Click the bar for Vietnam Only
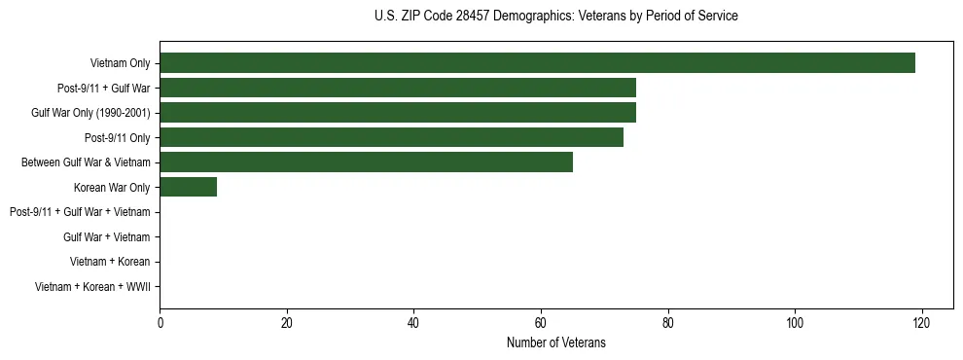coord(537,63)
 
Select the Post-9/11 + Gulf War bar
coord(397,88)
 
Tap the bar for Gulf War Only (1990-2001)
coord(397,113)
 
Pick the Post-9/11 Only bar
coord(391,137)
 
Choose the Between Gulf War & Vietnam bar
coord(366,162)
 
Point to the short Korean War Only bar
coord(188,187)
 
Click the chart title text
coord(555,17)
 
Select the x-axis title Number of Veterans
coord(555,342)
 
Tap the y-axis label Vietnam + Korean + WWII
coord(92,287)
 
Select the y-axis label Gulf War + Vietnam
coord(106,237)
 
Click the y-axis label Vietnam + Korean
coord(110,262)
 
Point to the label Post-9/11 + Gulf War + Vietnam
coord(80,212)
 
